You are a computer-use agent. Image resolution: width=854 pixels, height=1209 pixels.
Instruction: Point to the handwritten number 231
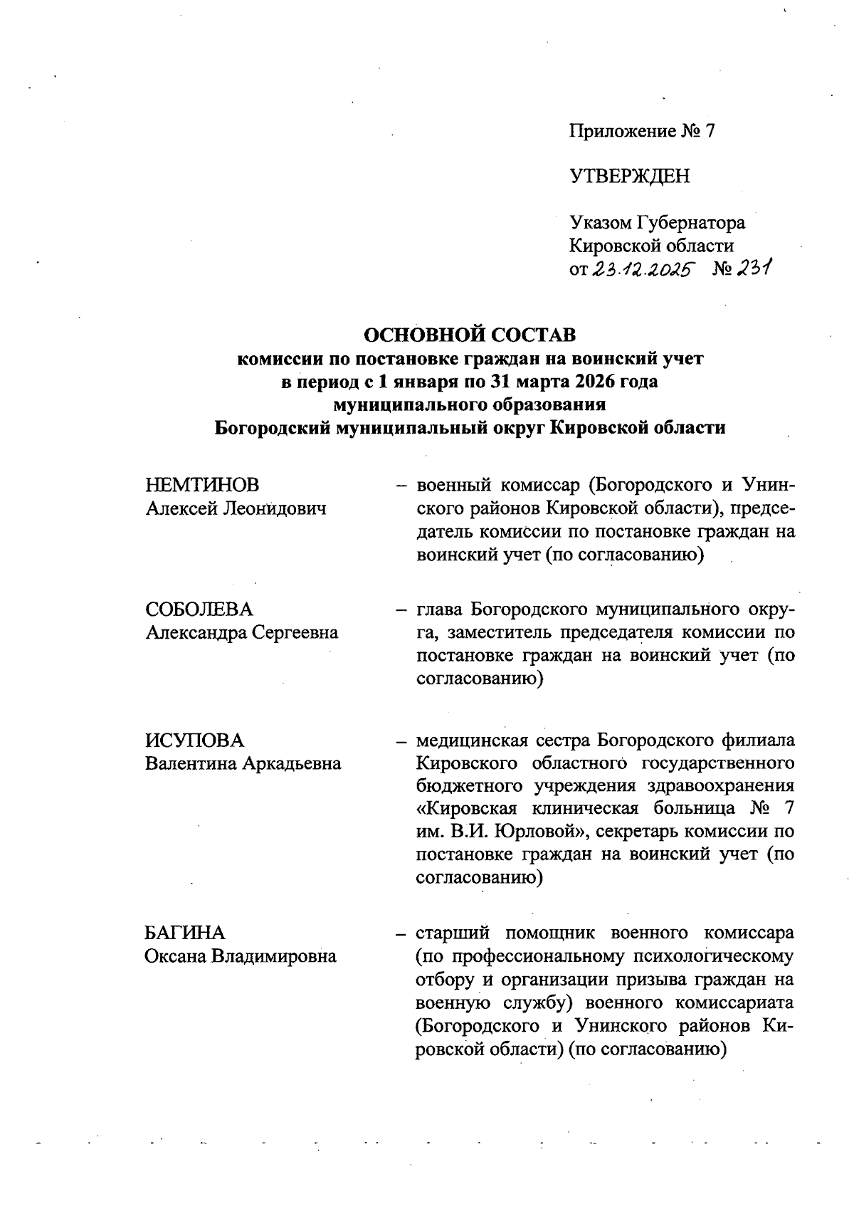754,269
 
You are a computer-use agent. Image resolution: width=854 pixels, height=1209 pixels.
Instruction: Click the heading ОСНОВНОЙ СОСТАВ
470,333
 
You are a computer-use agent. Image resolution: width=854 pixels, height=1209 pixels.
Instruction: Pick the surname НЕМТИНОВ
202,485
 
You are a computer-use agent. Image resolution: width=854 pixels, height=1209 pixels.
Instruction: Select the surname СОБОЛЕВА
199,609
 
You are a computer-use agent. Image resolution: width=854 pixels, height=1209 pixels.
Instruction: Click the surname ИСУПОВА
194,740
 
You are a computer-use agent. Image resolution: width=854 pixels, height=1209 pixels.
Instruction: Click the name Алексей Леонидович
236,508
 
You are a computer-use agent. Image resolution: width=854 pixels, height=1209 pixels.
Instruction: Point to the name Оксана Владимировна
241,956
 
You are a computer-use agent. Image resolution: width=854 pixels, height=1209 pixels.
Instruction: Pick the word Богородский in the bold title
273,429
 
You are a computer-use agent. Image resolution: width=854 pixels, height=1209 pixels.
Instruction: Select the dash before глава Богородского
402,610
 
